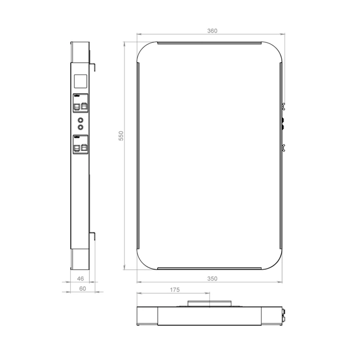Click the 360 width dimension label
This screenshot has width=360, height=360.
tap(212, 30)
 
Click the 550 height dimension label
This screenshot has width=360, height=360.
tap(121, 136)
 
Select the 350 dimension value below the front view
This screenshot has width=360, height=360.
tap(212, 278)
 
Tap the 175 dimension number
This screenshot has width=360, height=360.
tap(175, 290)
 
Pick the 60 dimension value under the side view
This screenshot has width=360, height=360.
tap(82, 289)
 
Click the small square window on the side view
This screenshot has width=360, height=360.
tap(81, 80)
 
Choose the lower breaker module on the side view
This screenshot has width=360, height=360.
tap(80, 145)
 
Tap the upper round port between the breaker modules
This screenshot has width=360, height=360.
tap(80, 120)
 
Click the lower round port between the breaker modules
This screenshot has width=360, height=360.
tap(80, 127)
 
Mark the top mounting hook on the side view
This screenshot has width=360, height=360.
tap(93, 66)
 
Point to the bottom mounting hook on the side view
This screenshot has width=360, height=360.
tap(93, 236)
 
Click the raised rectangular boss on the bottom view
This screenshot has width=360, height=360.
tap(209, 304)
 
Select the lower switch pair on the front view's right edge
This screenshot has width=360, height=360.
tap(283, 147)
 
